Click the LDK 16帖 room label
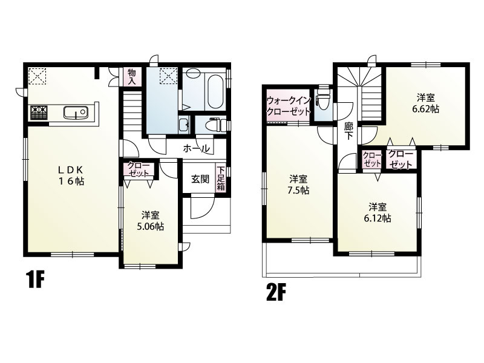71,175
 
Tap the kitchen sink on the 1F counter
76,112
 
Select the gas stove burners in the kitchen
38,113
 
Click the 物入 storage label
132,77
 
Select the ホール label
197,149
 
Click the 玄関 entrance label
200,179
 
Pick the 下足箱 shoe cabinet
220,178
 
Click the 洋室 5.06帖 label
150,221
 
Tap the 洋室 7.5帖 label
298,185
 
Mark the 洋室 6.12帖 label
378,212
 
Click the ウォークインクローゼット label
288,106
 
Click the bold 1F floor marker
36,280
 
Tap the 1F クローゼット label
139,169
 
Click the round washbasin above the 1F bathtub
194,73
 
